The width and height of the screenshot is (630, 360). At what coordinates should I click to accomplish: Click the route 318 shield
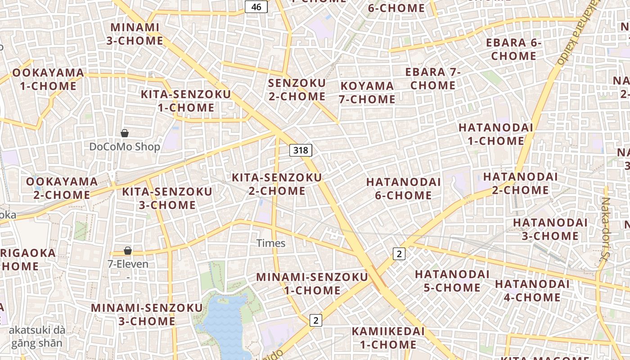coord(301,150)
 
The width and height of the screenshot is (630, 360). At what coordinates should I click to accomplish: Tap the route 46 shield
coord(256,7)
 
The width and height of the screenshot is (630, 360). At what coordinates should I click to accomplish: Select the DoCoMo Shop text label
coord(125,147)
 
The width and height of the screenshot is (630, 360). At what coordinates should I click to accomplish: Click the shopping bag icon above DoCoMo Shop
coord(125,133)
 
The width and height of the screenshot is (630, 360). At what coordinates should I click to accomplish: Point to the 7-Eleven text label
coord(128,264)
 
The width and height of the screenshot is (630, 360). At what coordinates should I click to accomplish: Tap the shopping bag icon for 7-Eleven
coord(128,251)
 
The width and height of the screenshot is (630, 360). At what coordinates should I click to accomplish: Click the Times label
coord(271,243)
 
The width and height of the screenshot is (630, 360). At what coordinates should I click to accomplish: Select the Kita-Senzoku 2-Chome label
coord(277,184)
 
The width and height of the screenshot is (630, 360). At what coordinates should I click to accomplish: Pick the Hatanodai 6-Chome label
coord(403,189)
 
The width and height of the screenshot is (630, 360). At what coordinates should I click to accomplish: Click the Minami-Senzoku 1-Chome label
coord(312,283)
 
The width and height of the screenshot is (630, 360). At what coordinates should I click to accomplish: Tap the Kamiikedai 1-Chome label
coord(388,338)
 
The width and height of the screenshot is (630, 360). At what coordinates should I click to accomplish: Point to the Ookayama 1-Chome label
coord(48,79)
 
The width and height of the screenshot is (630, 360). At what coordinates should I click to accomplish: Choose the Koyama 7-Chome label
coord(367,92)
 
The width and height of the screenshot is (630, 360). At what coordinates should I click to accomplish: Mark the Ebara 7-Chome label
coord(433,78)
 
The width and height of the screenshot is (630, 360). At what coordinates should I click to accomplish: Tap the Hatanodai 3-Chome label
coord(550,229)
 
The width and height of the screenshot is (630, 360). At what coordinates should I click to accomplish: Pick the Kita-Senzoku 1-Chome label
coord(186,101)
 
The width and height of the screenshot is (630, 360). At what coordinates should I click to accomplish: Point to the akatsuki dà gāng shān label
coord(37,337)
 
